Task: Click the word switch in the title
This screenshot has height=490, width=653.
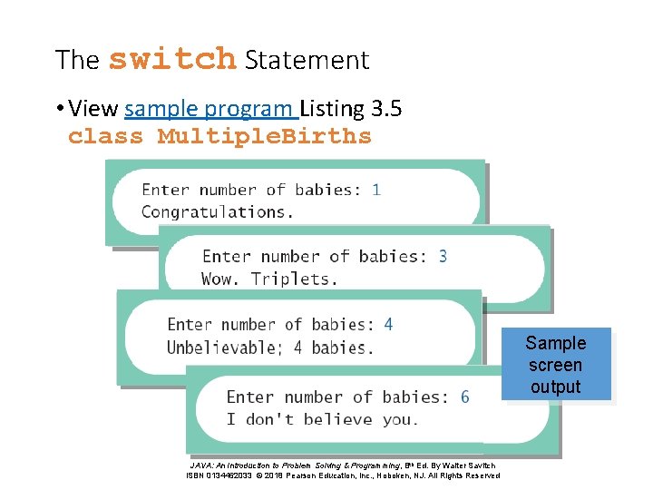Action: [171, 59]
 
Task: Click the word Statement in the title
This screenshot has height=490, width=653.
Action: [307, 60]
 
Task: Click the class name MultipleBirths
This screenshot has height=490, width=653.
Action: [265, 137]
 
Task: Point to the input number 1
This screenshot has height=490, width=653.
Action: [376, 190]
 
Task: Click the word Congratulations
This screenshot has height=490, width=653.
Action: [218, 212]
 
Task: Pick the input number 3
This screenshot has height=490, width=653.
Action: [443, 257]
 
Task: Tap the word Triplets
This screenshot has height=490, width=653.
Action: [294, 279]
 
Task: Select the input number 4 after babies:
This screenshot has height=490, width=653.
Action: [388, 324]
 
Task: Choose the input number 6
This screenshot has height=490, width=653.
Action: [465, 397]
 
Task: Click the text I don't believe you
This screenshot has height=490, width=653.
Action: [322, 419]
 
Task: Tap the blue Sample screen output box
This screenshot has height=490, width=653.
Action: [555, 365]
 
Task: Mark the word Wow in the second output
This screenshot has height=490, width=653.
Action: [219, 279]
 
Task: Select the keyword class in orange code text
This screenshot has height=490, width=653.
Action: [106, 137]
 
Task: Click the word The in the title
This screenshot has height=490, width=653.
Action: [77, 60]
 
